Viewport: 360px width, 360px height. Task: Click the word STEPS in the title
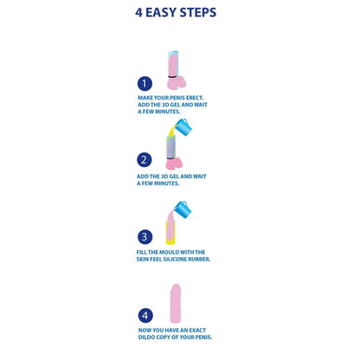[x=196, y=13]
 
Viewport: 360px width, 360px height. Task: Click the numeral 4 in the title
[x=140, y=13]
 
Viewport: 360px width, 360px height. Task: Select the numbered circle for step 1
[x=145, y=84]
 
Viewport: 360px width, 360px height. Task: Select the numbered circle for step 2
[x=145, y=159]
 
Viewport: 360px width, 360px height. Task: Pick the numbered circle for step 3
[x=145, y=236]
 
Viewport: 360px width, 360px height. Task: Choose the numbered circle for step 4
[x=145, y=316]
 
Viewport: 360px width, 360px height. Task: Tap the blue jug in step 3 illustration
[x=183, y=209]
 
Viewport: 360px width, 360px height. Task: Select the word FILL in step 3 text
[x=144, y=252]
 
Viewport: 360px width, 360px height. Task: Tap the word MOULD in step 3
[x=177, y=252]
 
